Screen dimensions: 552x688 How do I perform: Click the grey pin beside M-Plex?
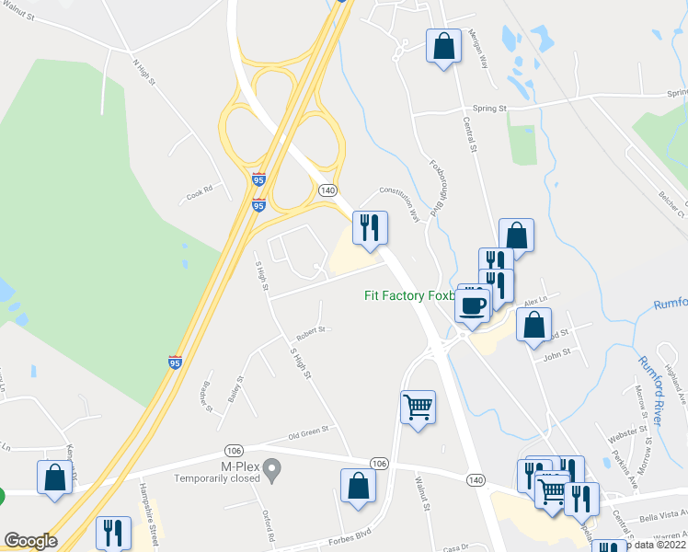[271, 471]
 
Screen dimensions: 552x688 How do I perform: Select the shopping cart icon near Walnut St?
[419, 406]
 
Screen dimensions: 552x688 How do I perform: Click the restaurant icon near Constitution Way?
[371, 227]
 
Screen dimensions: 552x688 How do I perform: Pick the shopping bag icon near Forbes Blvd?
[358, 486]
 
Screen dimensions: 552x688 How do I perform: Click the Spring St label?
[490, 109]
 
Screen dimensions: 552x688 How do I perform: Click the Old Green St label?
[307, 430]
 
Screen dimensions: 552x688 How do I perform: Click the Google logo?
[30, 541]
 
